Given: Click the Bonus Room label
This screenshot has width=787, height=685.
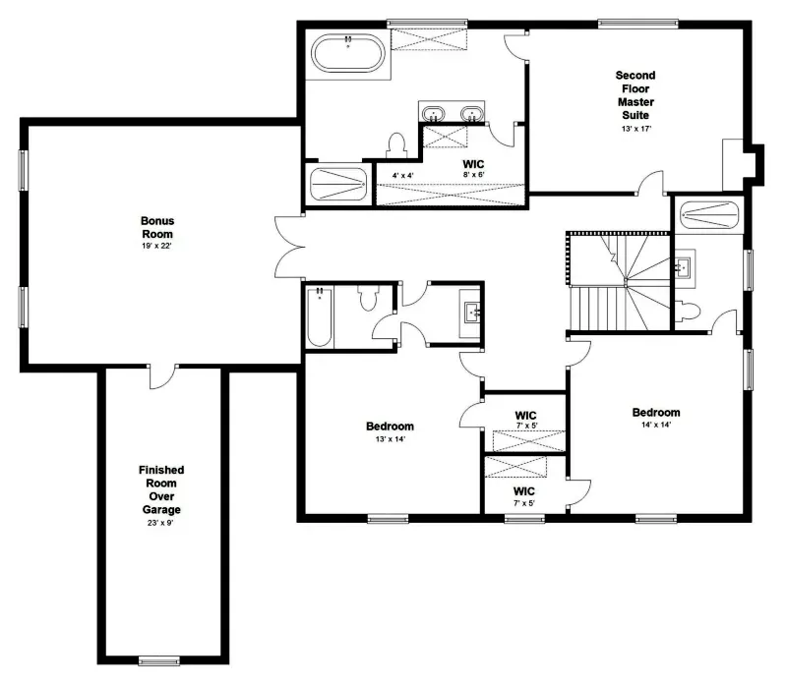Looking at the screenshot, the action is [x=157, y=227].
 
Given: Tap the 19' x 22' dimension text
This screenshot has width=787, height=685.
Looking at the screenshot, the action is [x=157, y=247].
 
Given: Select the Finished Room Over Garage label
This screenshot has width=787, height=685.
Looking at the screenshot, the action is [x=161, y=489].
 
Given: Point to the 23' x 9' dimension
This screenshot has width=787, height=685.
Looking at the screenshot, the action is [x=160, y=523].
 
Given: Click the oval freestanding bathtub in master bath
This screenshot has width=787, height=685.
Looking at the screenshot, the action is [x=348, y=53].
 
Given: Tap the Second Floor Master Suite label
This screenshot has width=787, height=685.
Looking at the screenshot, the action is [x=636, y=95].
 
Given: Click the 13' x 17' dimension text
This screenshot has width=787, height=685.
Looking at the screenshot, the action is [x=636, y=129].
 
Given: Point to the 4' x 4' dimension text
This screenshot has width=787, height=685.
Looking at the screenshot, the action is [x=403, y=176].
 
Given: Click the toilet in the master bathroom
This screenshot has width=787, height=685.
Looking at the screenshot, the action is [x=396, y=144].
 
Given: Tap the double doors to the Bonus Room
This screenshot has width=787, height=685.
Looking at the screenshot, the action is [x=290, y=248].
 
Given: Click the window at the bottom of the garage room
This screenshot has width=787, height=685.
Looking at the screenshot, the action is [x=158, y=661].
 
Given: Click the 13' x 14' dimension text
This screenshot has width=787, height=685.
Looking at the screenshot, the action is [x=390, y=439].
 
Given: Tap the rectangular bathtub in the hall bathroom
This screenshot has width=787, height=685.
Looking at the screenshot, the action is [x=320, y=316].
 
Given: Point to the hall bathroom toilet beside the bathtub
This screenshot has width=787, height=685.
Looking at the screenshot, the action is [x=368, y=298].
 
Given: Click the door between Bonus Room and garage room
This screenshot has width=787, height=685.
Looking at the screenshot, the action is [x=163, y=376].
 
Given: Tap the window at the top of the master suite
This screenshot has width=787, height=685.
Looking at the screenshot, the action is [x=637, y=23].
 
